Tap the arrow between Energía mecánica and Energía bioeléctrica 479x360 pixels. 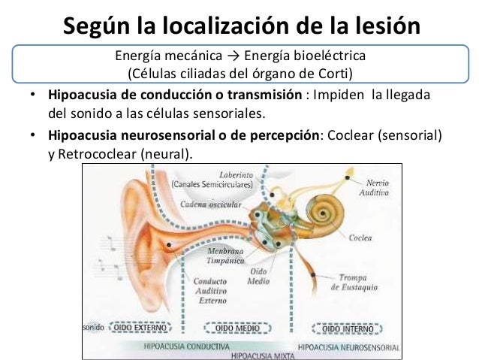[233, 56]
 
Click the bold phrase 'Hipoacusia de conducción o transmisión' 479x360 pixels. [175, 95]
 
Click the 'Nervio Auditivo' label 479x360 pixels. [374, 188]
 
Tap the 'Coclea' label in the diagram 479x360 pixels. [360, 238]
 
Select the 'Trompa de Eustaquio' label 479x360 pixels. [354, 283]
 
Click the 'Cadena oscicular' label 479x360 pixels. [211, 204]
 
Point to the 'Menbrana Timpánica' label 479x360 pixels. [225, 256]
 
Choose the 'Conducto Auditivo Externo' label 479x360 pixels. [210, 291]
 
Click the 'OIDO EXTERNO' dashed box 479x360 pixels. [140, 327]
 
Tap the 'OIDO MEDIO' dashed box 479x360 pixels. [237, 328]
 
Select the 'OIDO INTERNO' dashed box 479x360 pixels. [348, 328]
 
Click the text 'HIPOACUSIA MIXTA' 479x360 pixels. [263, 356]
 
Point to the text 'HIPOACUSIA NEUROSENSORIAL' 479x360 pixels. [348, 347]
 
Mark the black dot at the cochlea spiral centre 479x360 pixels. [323, 213]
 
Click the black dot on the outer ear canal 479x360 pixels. [169, 245]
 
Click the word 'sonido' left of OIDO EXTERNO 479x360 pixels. [94, 327]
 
